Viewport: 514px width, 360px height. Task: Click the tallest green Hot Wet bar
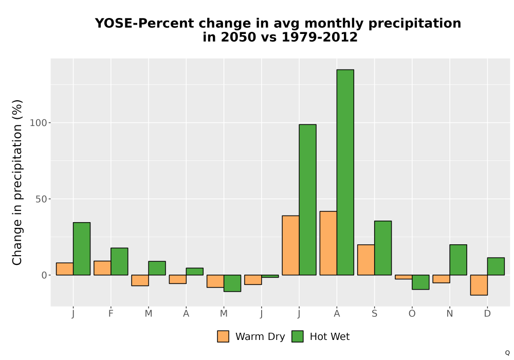[x=345, y=172]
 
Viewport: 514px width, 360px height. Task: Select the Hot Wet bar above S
[x=383, y=248]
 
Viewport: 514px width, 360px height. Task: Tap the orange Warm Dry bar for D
[x=479, y=285]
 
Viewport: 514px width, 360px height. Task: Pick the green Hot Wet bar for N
[x=458, y=260]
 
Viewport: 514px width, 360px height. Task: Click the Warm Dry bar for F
[x=102, y=268]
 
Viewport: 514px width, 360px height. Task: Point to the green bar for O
[x=420, y=282]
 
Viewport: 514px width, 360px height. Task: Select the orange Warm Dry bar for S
[x=366, y=260]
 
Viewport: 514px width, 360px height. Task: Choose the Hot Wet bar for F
[x=119, y=261]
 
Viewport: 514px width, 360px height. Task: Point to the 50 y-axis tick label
[x=41, y=199]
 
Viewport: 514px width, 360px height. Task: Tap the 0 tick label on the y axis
[x=44, y=275]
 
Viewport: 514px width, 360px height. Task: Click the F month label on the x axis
[x=111, y=314]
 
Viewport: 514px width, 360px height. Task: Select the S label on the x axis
[x=374, y=314]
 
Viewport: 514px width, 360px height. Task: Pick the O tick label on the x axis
[x=412, y=314]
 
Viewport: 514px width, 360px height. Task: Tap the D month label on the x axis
[x=487, y=314]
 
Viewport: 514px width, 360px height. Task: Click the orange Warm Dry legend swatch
[x=223, y=336]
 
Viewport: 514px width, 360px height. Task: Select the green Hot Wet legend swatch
[x=297, y=336]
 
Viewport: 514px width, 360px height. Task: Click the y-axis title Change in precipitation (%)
[x=17, y=182]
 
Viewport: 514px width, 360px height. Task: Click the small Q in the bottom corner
[x=507, y=353]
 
